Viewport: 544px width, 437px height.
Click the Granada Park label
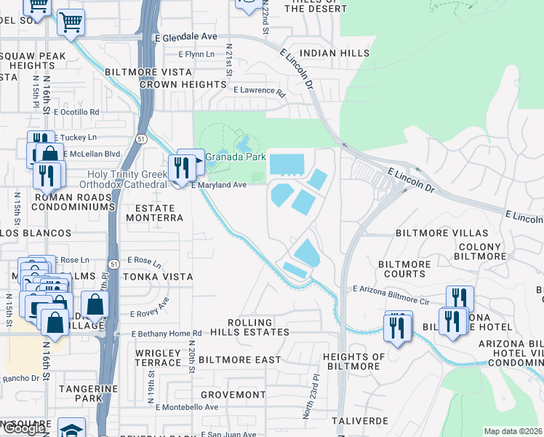pos(235,157)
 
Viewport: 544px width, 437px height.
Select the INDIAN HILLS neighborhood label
pos(335,53)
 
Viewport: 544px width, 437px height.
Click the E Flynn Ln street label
pos(197,55)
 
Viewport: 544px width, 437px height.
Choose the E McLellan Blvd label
pos(92,154)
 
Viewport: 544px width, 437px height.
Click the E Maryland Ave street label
pos(220,185)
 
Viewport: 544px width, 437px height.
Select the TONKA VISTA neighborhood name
pos(158,277)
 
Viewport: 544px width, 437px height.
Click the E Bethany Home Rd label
pos(166,334)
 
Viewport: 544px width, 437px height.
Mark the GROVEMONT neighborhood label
pos(233,395)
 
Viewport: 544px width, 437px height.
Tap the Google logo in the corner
pos(23,429)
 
